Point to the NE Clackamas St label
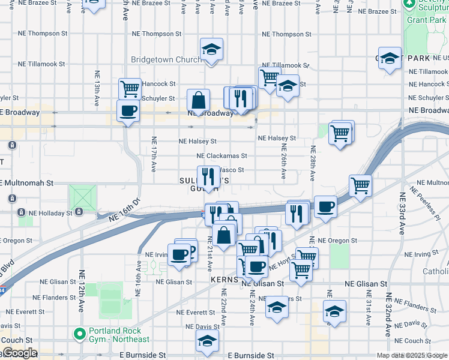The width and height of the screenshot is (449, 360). point(214,156)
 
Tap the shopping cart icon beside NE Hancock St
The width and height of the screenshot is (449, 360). point(130,88)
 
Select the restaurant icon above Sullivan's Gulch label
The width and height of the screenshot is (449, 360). point(208,176)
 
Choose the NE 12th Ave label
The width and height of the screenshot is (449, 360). point(80,290)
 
